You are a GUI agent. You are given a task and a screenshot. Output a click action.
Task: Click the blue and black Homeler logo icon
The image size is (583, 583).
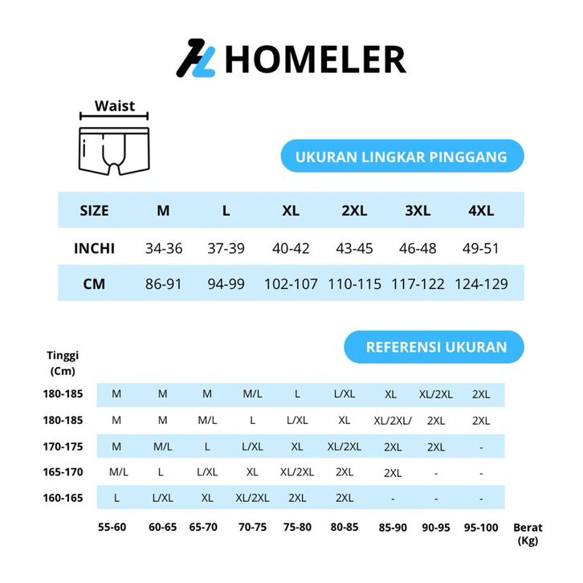197,59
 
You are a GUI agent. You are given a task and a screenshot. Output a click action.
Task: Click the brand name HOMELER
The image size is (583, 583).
315,59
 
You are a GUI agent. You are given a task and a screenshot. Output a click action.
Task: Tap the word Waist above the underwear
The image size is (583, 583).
115,106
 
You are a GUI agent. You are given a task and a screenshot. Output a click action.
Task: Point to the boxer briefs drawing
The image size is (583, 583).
114,149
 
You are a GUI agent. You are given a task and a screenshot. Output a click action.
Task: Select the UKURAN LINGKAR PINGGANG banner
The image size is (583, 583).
402,157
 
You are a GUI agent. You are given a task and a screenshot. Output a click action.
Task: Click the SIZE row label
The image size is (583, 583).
94,211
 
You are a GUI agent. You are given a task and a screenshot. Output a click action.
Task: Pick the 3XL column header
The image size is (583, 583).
418,211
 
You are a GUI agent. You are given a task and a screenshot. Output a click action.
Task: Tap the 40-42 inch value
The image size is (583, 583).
291,248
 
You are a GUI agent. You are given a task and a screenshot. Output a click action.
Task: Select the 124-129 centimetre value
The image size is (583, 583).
481,284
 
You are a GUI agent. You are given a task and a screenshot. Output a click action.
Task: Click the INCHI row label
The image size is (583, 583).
95,248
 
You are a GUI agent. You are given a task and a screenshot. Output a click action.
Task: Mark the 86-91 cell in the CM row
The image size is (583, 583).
164,284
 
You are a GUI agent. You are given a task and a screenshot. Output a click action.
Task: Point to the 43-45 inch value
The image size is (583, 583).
354,248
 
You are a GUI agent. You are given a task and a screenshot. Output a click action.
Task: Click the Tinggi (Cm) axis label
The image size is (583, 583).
63,363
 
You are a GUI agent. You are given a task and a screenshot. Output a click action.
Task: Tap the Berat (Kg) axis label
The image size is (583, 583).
528,534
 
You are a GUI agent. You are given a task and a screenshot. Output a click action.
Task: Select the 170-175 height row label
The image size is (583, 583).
63,446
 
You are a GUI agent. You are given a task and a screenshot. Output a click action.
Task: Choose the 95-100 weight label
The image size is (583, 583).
481,528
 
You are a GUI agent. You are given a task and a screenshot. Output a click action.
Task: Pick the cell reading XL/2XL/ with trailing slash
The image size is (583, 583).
393,420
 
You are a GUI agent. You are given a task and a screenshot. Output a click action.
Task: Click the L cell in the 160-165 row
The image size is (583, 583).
116,498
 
